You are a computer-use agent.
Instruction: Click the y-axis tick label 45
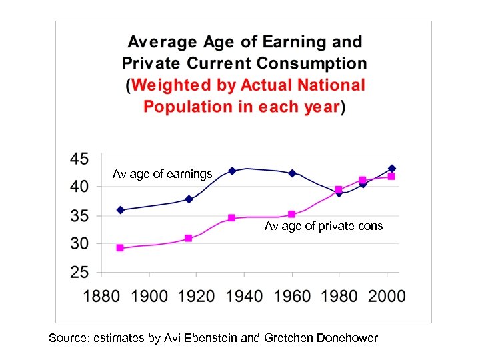click(79, 160)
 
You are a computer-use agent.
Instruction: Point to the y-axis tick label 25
click(79, 273)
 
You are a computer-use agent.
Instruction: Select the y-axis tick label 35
click(79, 217)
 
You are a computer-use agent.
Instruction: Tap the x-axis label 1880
click(101, 296)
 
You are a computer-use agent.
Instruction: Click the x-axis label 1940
click(244, 296)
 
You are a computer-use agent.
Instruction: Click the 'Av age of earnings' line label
click(163, 174)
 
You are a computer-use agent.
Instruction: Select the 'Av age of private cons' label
click(323, 226)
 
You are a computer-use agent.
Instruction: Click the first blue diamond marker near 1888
click(121, 210)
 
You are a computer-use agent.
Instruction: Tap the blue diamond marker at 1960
click(292, 173)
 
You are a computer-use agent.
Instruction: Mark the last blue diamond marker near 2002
click(392, 169)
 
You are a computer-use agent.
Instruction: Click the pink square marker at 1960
click(292, 215)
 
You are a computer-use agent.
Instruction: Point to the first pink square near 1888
click(121, 248)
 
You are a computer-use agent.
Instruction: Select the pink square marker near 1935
click(232, 218)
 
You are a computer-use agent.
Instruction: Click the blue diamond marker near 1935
click(232, 171)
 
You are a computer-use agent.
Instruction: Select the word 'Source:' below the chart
click(69, 338)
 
